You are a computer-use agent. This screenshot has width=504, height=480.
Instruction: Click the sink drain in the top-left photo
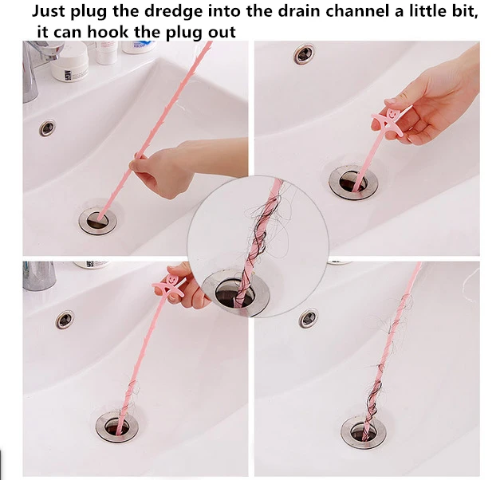(98, 221)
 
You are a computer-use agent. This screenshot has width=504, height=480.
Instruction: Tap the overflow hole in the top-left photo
(47, 128)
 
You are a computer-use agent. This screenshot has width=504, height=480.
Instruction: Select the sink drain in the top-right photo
(353, 182)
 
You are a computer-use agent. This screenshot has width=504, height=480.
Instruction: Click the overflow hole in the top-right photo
(304, 54)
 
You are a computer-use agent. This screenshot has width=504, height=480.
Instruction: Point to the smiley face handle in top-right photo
(389, 120)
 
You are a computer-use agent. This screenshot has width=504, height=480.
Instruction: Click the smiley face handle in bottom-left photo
(170, 284)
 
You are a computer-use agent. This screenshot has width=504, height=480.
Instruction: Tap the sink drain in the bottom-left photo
(117, 427)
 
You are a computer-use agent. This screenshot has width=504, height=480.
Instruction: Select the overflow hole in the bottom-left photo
(65, 320)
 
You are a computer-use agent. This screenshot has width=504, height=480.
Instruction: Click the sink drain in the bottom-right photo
(364, 432)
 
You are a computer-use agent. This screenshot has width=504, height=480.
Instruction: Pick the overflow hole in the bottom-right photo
(309, 318)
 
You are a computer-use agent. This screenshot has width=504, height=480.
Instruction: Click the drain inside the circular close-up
(235, 293)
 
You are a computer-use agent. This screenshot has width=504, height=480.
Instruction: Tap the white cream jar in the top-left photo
(69, 61)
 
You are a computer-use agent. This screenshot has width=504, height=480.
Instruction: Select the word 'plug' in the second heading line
(181, 33)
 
